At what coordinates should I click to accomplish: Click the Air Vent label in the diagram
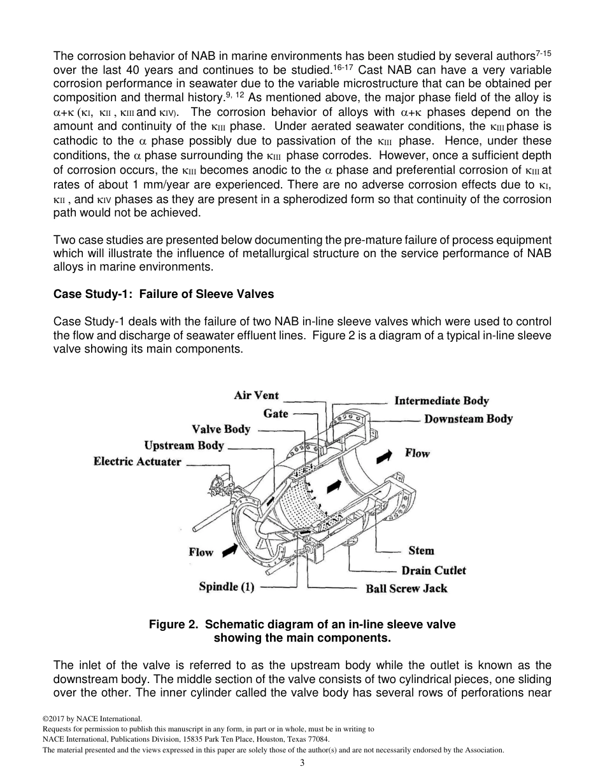(x=256, y=395)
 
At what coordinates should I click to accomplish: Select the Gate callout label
(x=276, y=414)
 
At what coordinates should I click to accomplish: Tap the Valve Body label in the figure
(x=221, y=429)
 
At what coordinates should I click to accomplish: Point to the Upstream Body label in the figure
(x=184, y=445)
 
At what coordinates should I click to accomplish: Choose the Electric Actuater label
(x=137, y=462)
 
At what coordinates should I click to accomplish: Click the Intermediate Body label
(x=441, y=401)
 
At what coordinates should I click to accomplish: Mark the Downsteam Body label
(x=468, y=419)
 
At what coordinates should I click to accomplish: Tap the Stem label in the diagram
(x=421, y=551)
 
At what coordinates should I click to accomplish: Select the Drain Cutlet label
(x=433, y=570)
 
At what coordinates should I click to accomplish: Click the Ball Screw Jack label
(x=406, y=588)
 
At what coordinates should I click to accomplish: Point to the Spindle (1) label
(x=227, y=587)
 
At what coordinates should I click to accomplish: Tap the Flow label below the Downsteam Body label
(x=417, y=453)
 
